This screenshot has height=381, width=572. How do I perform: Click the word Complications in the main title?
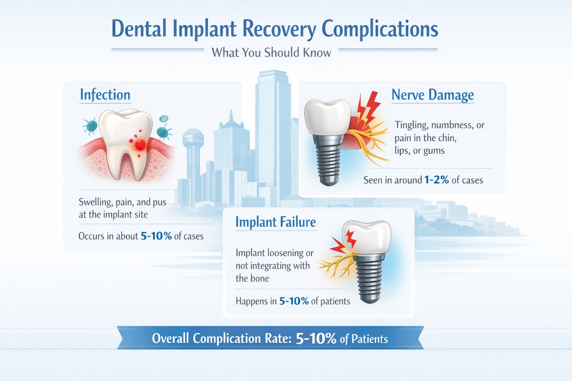[x=380, y=29]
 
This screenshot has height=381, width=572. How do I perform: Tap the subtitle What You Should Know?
[x=271, y=52]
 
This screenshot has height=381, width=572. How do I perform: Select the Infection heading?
[x=105, y=95]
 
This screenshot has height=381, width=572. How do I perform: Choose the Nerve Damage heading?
[x=432, y=95]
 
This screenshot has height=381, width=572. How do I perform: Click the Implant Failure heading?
[x=276, y=222]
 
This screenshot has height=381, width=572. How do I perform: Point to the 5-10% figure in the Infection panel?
[x=156, y=236]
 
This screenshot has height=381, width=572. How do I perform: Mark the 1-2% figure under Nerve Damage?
[x=436, y=180]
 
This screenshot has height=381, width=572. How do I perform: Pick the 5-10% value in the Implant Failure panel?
[x=294, y=301]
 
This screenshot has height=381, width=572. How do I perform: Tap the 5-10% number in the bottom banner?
[x=316, y=339]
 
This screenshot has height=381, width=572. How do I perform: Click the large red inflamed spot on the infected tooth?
[x=140, y=145]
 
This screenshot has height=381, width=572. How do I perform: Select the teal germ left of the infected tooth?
[x=90, y=126]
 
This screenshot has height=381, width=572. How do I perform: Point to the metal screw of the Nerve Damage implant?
[x=328, y=160]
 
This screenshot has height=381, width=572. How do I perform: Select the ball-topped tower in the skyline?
[x=193, y=139]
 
